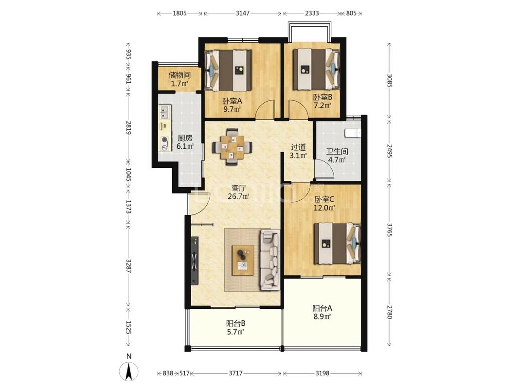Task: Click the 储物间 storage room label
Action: [x=179, y=75]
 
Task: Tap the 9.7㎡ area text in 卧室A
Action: [x=232, y=109]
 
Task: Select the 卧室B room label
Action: [x=322, y=97]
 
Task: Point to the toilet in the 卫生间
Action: [x=353, y=132]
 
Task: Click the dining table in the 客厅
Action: [x=233, y=146]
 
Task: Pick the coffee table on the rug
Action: [x=243, y=260]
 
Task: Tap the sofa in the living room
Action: [x=270, y=259]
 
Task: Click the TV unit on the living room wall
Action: [x=195, y=260]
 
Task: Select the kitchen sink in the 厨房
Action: [x=164, y=112]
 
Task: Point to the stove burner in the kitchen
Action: [x=164, y=140]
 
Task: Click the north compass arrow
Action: [x=129, y=371]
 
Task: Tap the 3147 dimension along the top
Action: [x=243, y=13]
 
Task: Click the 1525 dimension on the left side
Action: [x=129, y=327]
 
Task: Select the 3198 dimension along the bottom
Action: [x=322, y=373]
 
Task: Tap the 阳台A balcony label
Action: [x=322, y=308]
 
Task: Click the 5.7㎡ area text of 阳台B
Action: [x=235, y=332]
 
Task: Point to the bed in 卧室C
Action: [x=337, y=244]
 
